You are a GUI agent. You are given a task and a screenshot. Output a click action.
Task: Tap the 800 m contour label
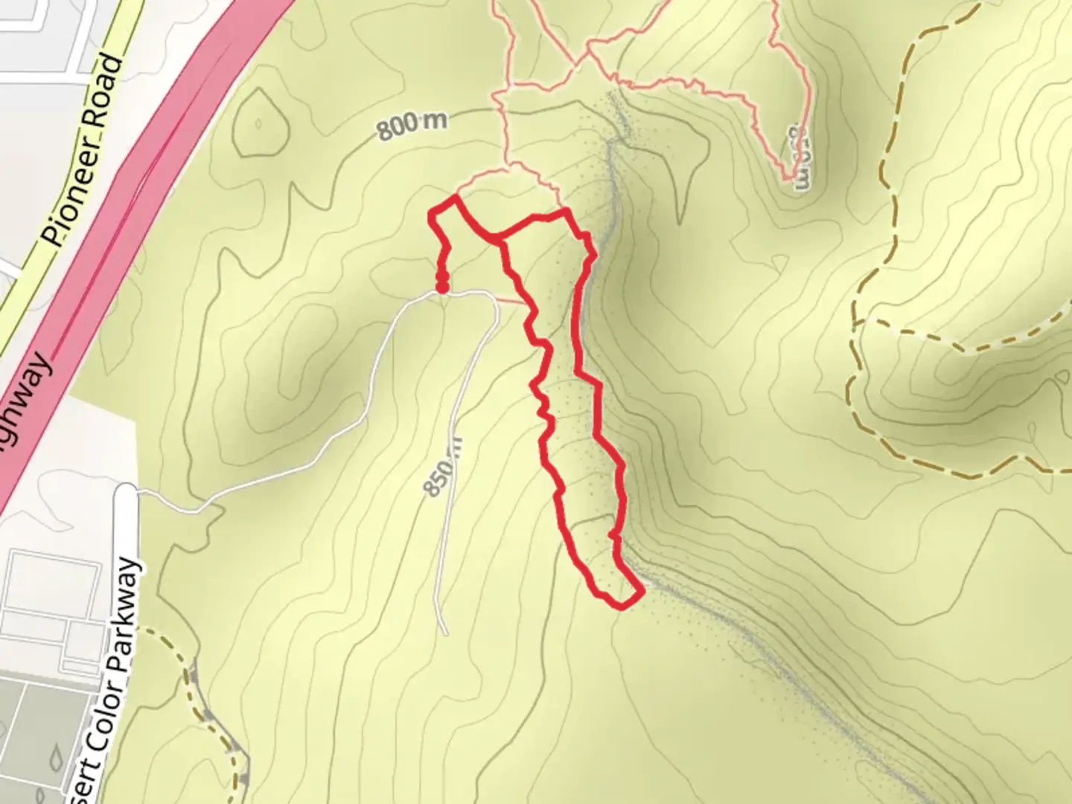click(x=412, y=127)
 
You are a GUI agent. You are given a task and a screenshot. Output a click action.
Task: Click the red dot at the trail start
click(x=442, y=285)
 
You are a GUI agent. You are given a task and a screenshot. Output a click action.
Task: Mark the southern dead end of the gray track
click(x=445, y=634)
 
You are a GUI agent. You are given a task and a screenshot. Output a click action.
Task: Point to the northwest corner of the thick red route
click(x=432, y=214)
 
